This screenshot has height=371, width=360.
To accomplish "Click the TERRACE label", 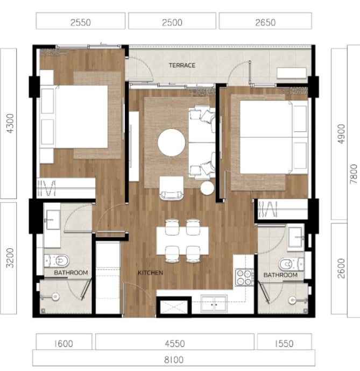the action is tap(182, 65).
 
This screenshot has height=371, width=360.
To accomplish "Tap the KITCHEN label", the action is tap(150, 273).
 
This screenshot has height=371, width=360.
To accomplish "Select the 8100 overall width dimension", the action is tap(174, 360).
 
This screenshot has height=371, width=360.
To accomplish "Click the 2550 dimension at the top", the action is tap(81, 23).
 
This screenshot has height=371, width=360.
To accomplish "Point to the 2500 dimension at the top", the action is tap(172, 23).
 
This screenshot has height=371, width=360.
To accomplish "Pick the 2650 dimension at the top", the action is tap(265, 23).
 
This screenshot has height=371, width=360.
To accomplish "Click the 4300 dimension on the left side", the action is tap(10, 123).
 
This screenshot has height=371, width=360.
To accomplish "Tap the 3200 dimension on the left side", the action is tap(10, 258).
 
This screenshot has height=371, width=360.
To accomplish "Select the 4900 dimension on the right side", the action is tap(341, 134).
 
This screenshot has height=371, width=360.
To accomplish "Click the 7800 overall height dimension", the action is tap(354, 174).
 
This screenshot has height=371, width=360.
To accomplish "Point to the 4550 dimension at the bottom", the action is tap(175, 344).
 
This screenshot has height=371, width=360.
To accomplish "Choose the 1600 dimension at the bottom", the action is tap(63, 344).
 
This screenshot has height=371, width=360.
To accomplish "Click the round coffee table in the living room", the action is tap(172, 142).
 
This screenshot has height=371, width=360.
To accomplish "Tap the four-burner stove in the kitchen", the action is tap(244, 277).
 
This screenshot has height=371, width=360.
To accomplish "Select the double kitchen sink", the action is tap(214, 303).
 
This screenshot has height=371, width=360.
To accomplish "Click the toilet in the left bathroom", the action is tap(57, 261).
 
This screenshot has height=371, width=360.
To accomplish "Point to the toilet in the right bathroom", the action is tap(291, 264).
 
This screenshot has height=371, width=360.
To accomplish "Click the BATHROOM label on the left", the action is tap(71, 273).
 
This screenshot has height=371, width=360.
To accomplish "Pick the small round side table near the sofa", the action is tap(207, 188).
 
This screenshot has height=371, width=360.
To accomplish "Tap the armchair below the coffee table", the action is tap(172, 188).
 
